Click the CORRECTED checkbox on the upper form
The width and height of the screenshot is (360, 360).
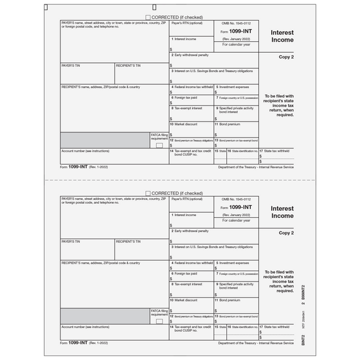[148, 17]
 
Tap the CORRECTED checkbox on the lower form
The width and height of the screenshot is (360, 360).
[148, 193]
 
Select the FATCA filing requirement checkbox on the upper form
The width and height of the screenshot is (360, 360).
[159, 145]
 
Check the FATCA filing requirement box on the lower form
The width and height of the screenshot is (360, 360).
[159, 321]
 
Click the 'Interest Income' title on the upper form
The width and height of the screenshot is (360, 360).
[282, 35]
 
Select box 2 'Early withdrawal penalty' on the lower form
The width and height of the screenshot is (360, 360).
[191, 230]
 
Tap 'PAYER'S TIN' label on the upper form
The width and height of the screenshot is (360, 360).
[71, 66]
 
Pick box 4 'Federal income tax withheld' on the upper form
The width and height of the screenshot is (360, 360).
[192, 87]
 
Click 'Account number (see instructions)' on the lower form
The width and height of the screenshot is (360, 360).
[85, 327]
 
